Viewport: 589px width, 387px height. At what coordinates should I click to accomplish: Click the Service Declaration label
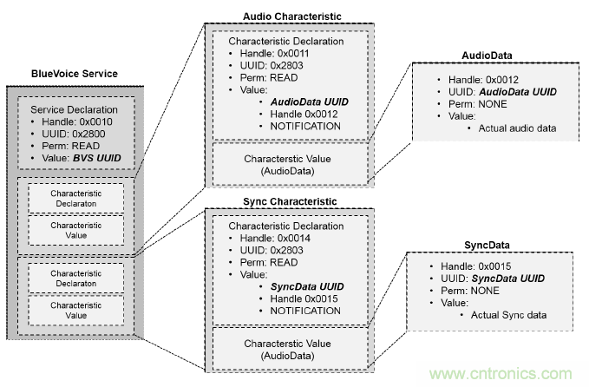(x=73, y=110)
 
